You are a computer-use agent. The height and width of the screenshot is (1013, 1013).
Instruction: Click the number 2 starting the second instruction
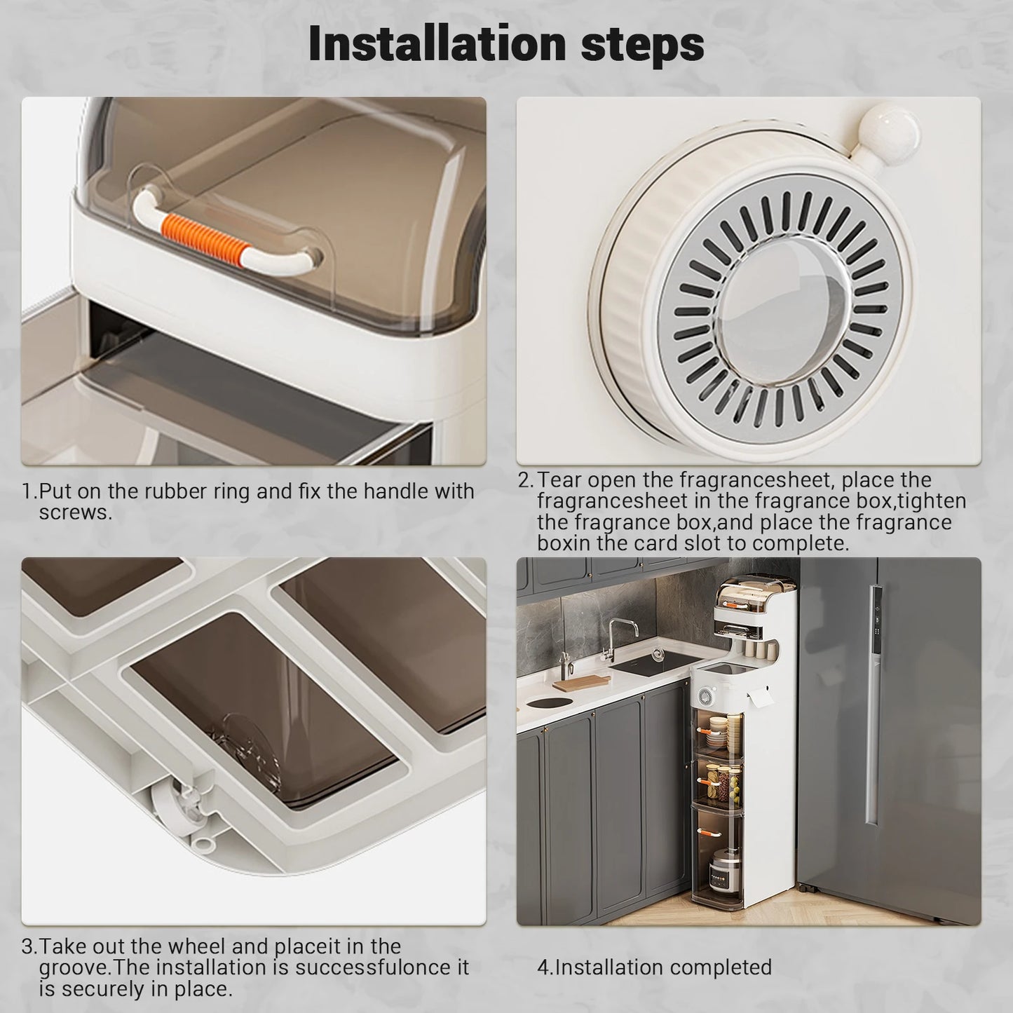click(x=524, y=480)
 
